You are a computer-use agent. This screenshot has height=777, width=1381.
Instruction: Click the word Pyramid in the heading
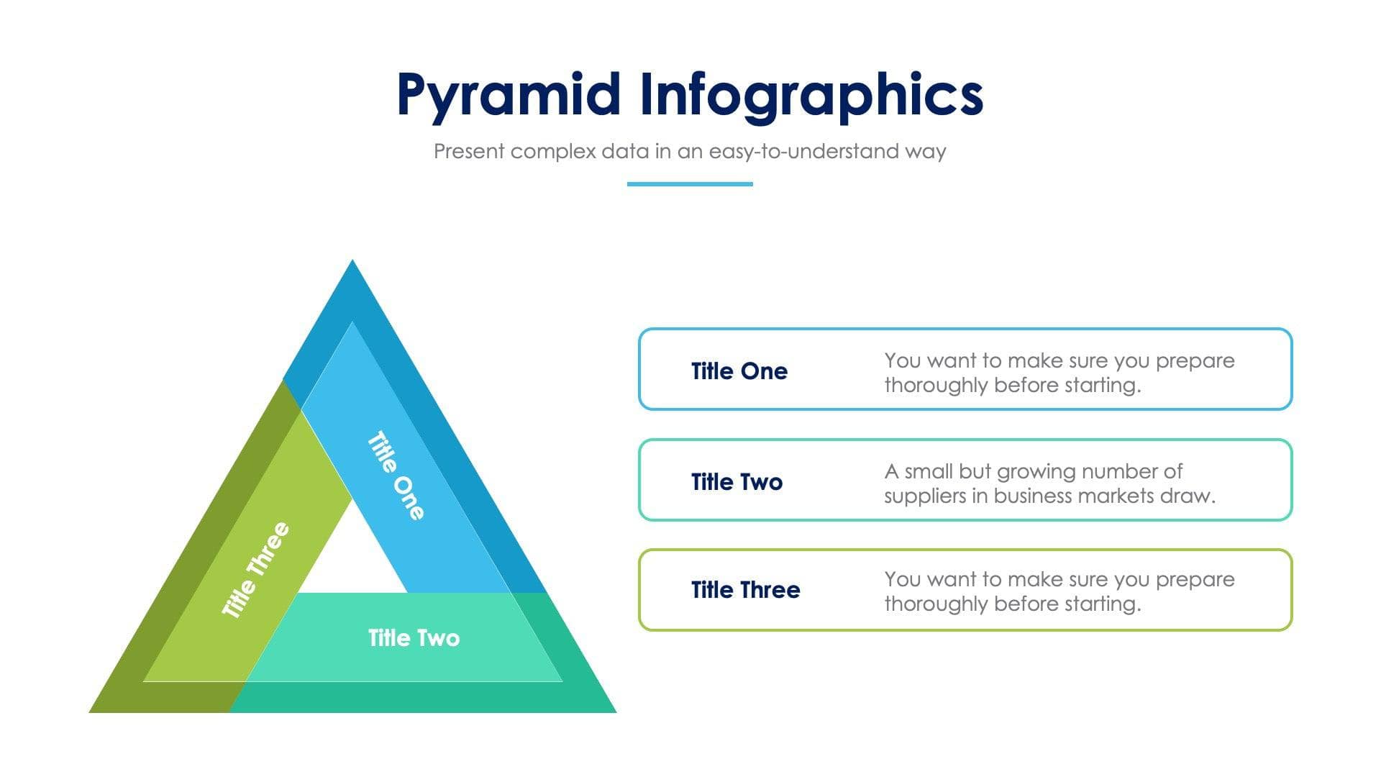click(x=508, y=96)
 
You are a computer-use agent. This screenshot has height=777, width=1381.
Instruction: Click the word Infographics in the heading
click(x=811, y=96)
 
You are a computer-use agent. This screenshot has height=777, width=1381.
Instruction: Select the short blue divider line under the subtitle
click(x=690, y=184)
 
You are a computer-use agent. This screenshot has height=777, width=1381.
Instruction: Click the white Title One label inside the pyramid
click(x=396, y=476)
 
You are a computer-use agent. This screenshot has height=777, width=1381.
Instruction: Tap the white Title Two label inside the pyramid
click(x=414, y=638)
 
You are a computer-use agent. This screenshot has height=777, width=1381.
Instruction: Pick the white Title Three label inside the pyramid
click(x=255, y=571)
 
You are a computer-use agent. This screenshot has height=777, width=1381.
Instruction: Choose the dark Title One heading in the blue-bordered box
click(x=739, y=371)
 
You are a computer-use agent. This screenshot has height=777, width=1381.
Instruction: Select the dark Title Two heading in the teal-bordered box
click(x=737, y=482)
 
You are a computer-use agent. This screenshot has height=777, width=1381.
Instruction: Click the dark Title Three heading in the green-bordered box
click(x=745, y=590)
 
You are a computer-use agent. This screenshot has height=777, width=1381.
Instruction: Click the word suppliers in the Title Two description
click(x=924, y=496)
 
